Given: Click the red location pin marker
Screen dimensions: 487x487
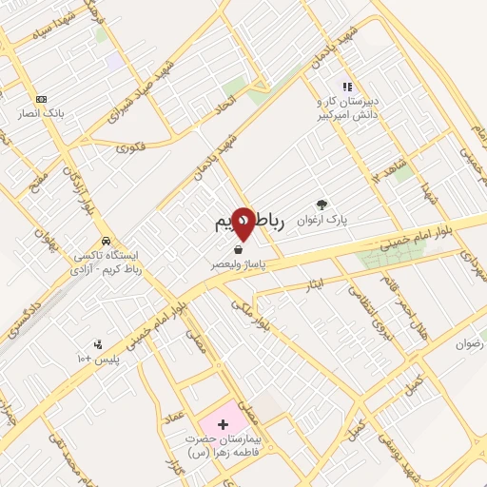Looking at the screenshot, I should click(243, 224).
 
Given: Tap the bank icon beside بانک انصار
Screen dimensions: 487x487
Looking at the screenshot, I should click(41, 99).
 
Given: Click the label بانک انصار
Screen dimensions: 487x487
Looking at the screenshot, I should click(39, 113).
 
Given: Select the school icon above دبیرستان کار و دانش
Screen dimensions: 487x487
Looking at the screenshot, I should click(347, 88).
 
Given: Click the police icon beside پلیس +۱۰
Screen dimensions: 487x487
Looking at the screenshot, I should click(97, 343).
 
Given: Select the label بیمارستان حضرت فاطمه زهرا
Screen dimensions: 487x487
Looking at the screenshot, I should click(222, 447).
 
